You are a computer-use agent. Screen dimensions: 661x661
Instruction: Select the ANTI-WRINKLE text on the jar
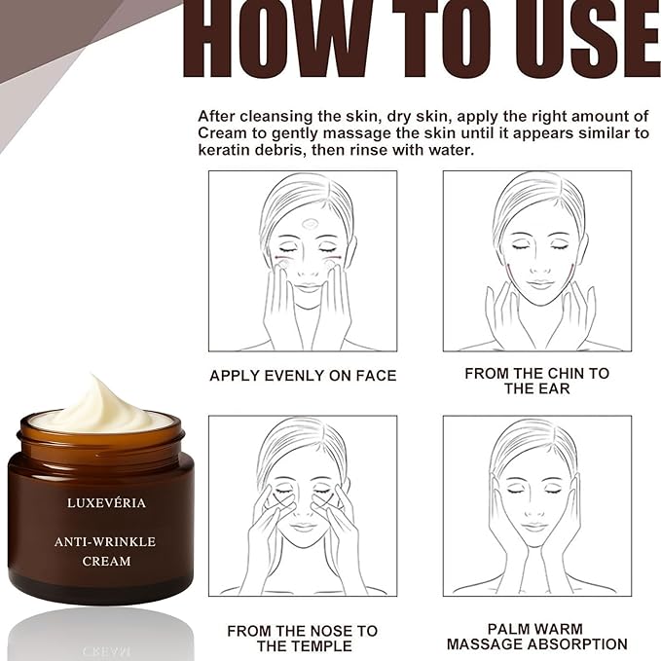click(106, 541)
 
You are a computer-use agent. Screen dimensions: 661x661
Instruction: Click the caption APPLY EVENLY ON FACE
click(303, 376)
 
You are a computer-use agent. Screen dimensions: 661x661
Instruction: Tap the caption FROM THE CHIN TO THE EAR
click(536, 381)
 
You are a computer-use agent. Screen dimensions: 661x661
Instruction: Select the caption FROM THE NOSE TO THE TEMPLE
click(303, 638)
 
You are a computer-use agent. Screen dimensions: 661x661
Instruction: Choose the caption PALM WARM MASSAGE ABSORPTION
click(536, 637)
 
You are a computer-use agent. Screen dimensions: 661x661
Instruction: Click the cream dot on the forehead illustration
click(310, 224)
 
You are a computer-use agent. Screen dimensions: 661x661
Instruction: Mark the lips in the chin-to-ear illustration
click(539, 285)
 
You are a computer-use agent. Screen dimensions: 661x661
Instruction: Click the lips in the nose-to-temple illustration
click(302, 528)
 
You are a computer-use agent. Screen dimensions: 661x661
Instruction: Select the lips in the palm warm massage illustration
click(534, 527)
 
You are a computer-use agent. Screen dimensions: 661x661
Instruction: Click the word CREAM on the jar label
click(106, 561)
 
